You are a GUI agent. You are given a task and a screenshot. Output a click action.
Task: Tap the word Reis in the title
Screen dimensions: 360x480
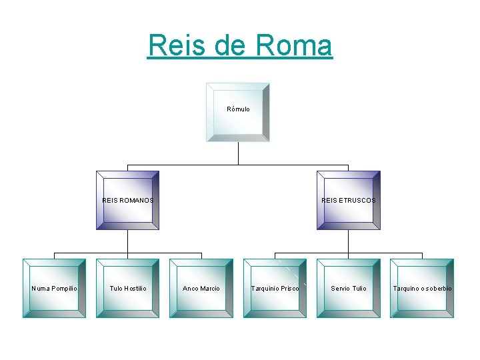pos(175,45)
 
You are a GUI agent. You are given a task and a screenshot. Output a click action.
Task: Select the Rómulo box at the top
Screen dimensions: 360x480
pos(238,112)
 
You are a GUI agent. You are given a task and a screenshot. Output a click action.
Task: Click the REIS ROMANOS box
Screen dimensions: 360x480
pos(127,200)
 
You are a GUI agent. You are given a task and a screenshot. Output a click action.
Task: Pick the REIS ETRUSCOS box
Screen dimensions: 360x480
pos(348,200)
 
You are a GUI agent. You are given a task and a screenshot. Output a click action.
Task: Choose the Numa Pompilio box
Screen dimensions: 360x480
pos(54,288)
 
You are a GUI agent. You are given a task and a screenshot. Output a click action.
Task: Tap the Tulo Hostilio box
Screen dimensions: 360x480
pos(127,288)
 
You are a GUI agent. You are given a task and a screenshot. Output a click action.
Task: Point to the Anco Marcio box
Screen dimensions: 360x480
pos(201,288)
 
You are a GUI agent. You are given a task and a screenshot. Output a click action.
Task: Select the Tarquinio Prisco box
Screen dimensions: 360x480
pos(275,288)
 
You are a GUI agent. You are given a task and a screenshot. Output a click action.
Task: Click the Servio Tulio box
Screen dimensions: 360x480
pos(348,288)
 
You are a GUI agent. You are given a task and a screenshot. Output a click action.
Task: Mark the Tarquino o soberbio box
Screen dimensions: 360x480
pos(422,288)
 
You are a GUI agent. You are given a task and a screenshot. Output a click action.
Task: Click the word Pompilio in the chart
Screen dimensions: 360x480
pos(64,289)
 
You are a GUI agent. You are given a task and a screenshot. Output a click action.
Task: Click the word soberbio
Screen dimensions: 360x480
pos(438,289)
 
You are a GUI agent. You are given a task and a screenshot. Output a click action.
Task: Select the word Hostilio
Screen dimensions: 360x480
pos(135,289)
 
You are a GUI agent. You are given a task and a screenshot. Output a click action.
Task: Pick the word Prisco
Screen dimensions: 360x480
pos(289,289)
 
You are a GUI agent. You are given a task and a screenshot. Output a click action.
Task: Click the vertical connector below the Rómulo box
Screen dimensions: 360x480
pos(238,153)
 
